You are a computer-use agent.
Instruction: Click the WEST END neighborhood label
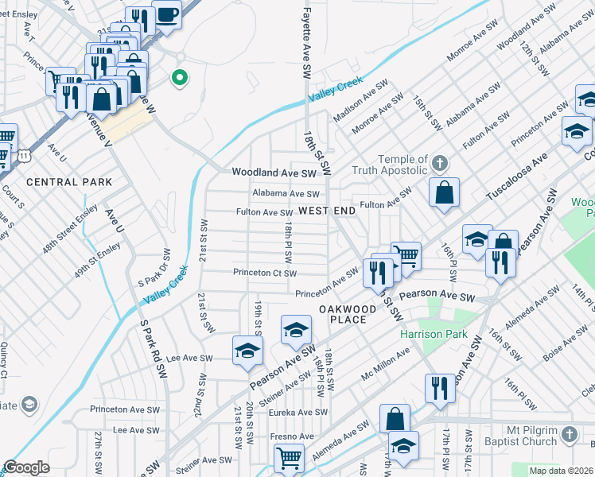point(327,211)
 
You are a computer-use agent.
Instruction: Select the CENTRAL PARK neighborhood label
point(69,182)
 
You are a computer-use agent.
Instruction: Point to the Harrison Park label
point(434,335)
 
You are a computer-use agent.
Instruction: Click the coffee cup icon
point(167,16)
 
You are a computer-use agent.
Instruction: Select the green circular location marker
point(180,78)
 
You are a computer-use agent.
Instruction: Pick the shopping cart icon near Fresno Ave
point(288,457)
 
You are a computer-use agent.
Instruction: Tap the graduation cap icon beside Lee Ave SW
point(247,351)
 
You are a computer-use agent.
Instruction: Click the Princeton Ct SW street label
point(265,273)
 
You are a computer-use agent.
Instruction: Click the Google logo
point(26,467)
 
